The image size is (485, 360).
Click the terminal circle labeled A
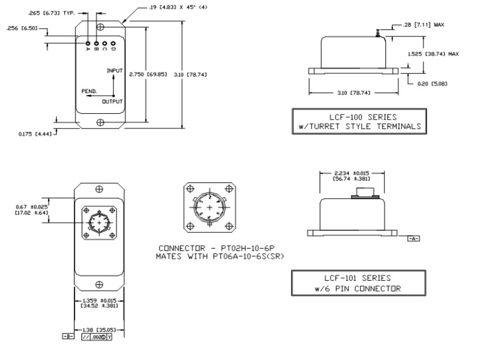coord(87,43)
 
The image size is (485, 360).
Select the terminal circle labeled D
coord(112,43)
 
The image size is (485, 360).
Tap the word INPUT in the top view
coord(115,70)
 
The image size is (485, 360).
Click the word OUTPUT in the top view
coord(112,101)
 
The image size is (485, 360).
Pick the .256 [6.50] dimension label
coord(23,28)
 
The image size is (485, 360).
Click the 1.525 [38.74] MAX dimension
coord(433,53)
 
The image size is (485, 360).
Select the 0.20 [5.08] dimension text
coord(431,83)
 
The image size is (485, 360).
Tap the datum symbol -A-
coord(413,239)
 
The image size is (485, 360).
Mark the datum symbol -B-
coord(67,338)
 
